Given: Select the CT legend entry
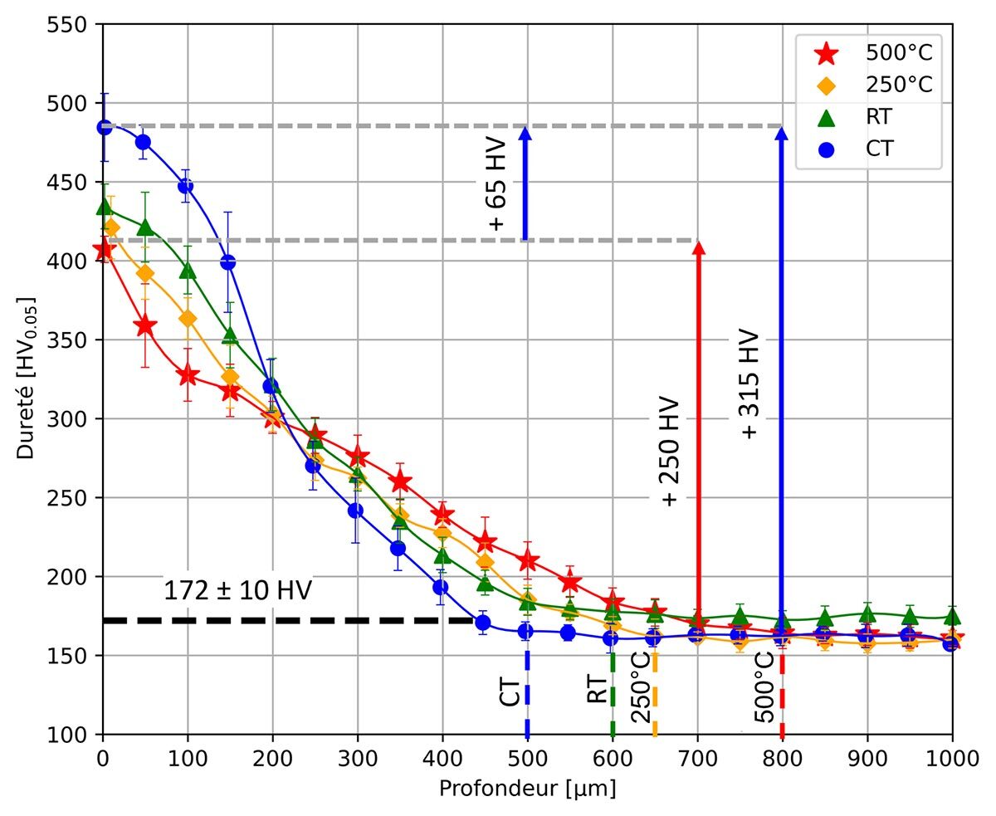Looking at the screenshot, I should pos(867,149).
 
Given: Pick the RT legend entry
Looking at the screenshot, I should pos(867,117).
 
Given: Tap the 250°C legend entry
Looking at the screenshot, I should pos(867,86).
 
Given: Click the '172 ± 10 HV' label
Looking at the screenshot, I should pos(237,591).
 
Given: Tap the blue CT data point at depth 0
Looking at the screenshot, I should pos(104,127).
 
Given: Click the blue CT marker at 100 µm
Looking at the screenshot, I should pos(186,186).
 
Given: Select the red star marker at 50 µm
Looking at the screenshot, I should pos(145,326).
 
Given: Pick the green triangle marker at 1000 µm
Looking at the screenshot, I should pos(952,616).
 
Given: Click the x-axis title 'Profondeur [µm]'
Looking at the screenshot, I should pos(527,789).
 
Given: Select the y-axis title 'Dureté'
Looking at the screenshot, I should pos(27,378).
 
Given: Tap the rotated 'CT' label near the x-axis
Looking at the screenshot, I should pos(510,690).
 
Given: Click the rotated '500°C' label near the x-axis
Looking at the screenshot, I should pos(764,687).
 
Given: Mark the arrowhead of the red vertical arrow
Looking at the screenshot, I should pos(699,247).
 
